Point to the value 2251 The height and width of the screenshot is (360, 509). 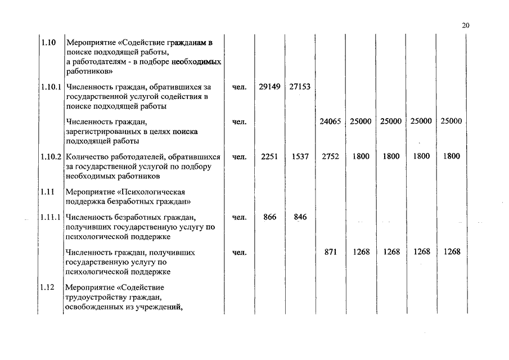[x=270, y=156]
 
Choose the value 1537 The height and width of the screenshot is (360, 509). [x=300, y=156]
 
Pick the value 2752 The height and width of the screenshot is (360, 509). [x=330, y=156]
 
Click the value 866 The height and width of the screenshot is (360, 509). [x=270, y=217]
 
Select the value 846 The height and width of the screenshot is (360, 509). [x=300, y=217]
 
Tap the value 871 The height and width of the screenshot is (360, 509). [x=331, y=252]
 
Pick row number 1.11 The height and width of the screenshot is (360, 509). [x=47, y=191]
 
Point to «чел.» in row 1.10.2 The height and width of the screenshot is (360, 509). [x=240, y=156]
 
